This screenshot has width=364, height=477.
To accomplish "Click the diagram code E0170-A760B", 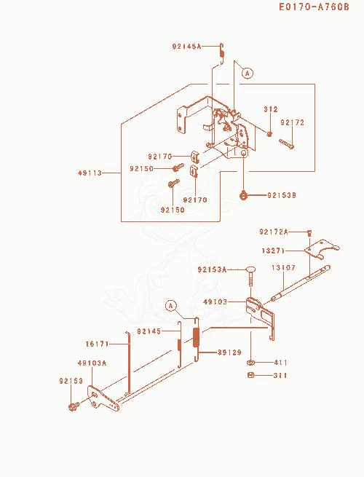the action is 314,7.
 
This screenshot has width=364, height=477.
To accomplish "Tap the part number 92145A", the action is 186,46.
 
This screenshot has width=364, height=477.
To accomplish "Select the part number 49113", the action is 90,173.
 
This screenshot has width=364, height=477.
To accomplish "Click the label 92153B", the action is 282,195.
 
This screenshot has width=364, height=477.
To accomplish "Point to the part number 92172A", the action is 274,232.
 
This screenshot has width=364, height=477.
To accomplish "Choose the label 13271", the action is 273,251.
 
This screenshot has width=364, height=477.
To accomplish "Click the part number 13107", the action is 283,267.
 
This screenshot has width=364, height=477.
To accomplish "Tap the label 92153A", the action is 212,269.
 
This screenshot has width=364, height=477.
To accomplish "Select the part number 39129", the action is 229,352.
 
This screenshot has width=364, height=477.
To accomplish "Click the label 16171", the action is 97,344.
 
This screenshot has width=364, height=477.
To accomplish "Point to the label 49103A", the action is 92,363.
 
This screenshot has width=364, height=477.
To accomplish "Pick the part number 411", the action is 280,363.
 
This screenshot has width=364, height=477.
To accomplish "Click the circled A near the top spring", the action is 248,74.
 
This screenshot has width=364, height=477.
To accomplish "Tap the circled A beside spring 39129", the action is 171,305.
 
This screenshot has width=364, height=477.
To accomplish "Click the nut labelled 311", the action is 250,375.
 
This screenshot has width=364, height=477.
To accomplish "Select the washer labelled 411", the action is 251,363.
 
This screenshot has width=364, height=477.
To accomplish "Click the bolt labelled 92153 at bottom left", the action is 74,406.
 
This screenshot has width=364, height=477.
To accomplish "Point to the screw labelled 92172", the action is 286,144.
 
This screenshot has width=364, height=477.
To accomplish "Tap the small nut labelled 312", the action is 269,133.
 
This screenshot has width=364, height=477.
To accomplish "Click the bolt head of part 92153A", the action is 250,269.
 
